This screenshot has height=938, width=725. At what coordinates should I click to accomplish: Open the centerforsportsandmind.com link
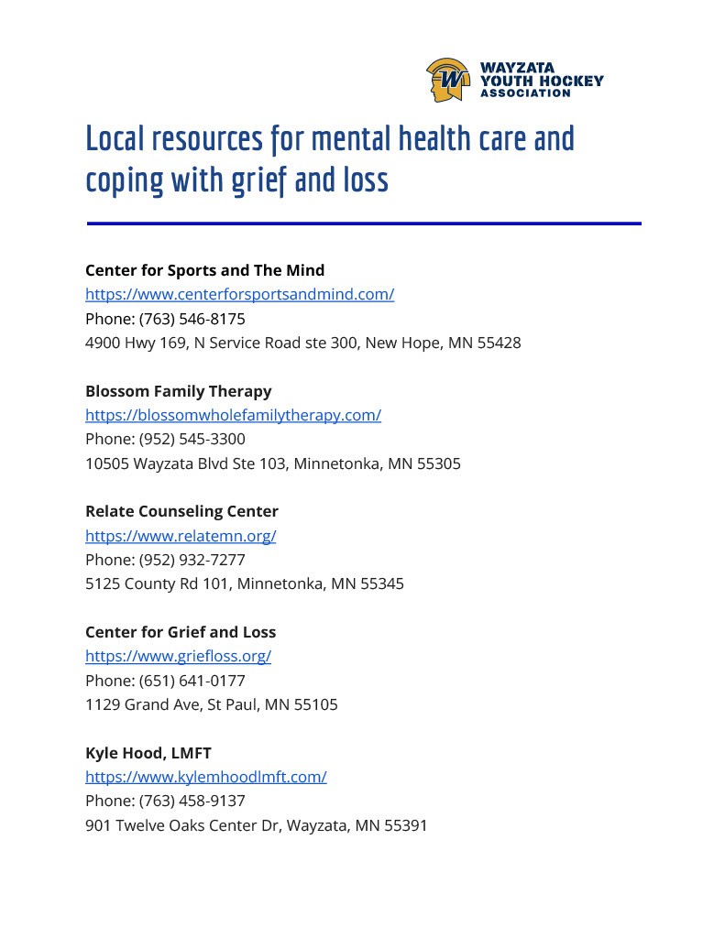pyautogui.click(x=239, y=294)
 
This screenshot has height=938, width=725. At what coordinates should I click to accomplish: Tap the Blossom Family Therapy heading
pyautogui.click(x=178, y=391)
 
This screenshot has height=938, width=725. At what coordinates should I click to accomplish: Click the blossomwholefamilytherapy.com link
pyautogui.click(x=233, y=415)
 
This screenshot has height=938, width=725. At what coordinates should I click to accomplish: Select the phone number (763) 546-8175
pyautogui.click(x=192, y=319)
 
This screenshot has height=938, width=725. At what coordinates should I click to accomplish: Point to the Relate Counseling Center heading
pyautogui.click(x=181, y=511)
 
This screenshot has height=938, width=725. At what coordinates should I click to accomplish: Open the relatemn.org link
pyautogui.click(x=181, y=536)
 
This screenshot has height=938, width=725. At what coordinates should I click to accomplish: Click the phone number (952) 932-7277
pyautogui.click(x=192, y=560)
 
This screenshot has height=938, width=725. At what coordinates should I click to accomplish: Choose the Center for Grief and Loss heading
pyautogui.click(x=180, y=632)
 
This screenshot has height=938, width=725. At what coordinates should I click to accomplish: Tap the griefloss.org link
pyautogui.click(x=178, y=656)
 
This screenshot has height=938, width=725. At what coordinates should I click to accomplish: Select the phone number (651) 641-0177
pyautogui.click(x=192, y=681)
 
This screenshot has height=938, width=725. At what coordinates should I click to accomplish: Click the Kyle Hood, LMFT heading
pyautogui.click(x=148, y=753)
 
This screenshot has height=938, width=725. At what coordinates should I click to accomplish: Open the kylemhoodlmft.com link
pyautogui.click(x=205, y=777)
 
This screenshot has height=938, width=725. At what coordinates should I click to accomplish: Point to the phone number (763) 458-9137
pyautogui.click(x=192, y=802)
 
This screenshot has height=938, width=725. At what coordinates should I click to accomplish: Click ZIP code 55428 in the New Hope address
pyautogui.click(x=499, y=344)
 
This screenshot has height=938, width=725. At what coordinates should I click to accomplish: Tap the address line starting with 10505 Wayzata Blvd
pyautogui.click(x=272, y=464)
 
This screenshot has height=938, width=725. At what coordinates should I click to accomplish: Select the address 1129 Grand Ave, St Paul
pyautogui.click(x=211, y=704)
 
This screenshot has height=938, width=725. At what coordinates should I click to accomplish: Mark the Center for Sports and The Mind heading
pyautogui.click(x=204, y=270)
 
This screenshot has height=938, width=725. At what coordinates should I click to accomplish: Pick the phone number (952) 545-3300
pyautogui.click(x=192, y=440)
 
